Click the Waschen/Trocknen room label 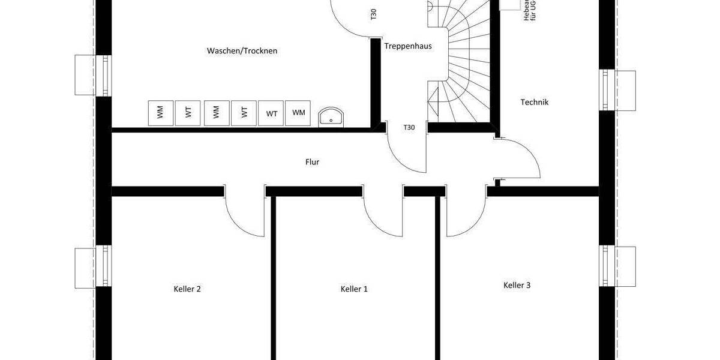242,51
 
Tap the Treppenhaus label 408,46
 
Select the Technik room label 534,103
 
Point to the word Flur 312,162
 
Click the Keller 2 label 187,289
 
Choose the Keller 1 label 354,289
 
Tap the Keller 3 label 517,285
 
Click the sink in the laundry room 330,116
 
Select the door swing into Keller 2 243,213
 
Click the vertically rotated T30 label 373,15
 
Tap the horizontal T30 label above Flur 409,127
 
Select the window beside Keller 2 93,267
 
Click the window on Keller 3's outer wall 618,266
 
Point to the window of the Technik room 618,90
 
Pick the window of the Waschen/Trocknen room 93,75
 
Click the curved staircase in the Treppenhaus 465,60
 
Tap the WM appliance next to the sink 298,113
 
